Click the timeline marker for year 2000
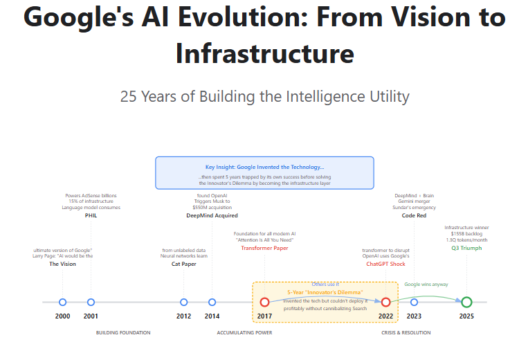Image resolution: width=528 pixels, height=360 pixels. (62, 302)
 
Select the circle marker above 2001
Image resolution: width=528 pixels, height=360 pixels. (91, 302)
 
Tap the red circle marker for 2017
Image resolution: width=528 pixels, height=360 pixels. (264, 302)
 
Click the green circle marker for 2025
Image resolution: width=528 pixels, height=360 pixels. (466, 302)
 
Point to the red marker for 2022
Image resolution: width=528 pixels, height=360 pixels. (386, 302)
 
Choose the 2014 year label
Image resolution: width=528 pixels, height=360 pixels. (212, 316)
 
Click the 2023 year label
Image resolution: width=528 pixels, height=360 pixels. (414, 316)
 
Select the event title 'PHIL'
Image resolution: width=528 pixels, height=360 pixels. (91, 215)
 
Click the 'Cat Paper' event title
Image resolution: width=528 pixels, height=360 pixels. (183, 264)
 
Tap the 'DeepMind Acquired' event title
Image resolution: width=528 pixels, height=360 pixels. (212, 215)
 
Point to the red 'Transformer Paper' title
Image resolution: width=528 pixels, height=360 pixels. (264, 248)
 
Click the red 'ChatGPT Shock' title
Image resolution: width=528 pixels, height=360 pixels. (386, 264)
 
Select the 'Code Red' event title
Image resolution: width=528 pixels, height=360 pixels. (414, 215)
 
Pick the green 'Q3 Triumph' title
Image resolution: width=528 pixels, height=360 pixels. (466, 248)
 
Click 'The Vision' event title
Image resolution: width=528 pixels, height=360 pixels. (62, 264)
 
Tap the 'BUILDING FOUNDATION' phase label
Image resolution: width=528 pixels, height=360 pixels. (123, 333)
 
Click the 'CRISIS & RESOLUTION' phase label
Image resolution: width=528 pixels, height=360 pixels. (406, 333)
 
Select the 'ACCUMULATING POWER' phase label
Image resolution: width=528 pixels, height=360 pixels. (244, 333)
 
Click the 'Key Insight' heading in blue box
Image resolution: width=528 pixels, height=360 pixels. (264, 167)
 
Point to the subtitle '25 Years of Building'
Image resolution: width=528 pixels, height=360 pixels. (264, 96)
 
